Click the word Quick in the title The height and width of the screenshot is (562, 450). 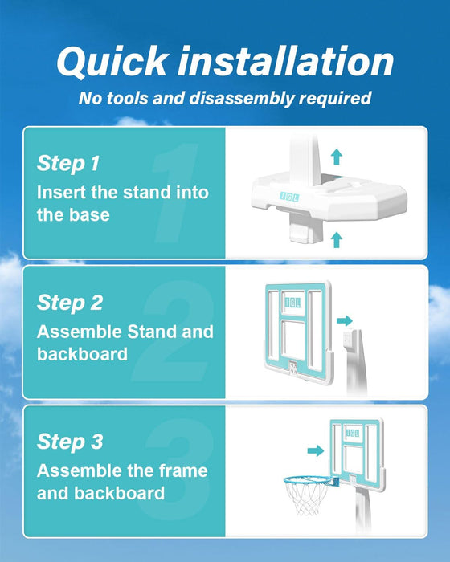point(112,62)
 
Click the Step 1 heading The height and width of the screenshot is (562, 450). point(68,164)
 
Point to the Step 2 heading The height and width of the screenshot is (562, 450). point(70,303)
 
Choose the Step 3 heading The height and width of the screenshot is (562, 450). point(70,442)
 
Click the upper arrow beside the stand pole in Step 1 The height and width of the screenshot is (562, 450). point(336,157)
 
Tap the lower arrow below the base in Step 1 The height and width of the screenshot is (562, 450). point(336,240)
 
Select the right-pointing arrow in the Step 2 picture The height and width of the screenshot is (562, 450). point(345,320)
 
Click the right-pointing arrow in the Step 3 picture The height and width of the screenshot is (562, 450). point(316,450)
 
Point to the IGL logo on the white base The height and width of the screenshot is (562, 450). point(289,197)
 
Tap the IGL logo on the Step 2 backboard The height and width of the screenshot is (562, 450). point(292,303)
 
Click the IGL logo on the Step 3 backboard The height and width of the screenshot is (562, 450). point(353,433)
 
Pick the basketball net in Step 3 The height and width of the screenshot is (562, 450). point(306,497)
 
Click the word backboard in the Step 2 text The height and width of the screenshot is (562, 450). point(82,354)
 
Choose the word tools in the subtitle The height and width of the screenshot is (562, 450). point(128,99)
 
